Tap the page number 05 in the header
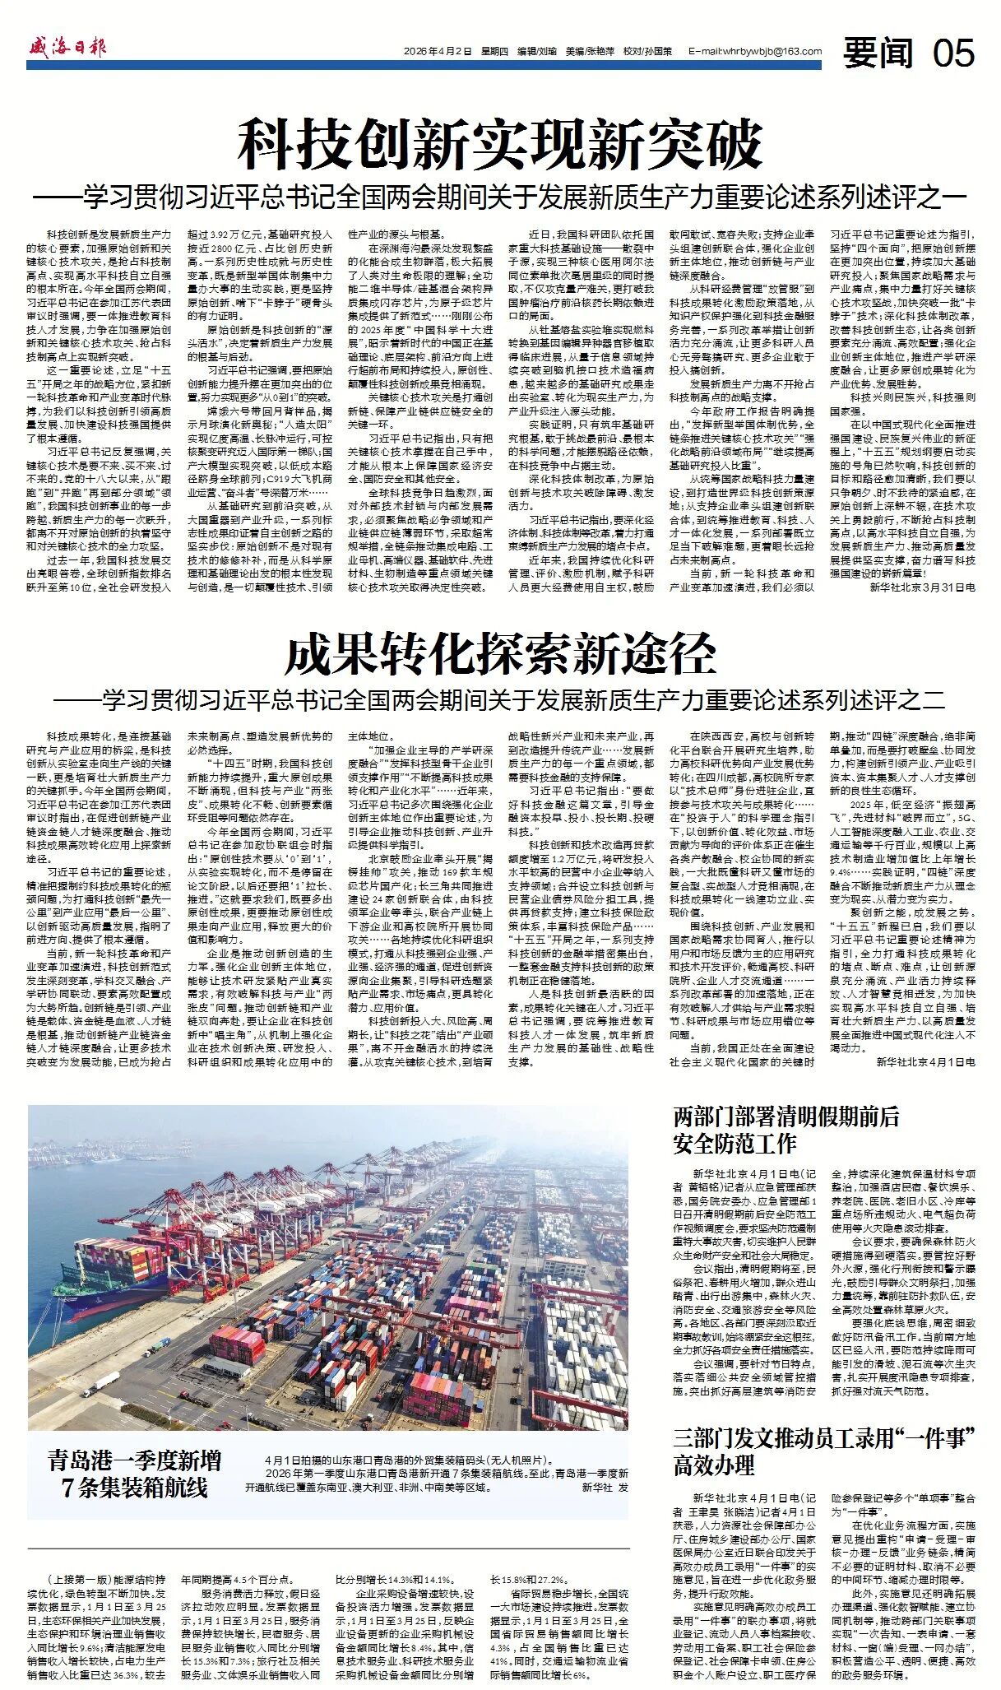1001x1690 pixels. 953,53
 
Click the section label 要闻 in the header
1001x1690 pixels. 878,53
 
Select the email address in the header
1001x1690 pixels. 754,51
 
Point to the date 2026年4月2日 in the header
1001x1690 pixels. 438,51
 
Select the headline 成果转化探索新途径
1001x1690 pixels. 500,656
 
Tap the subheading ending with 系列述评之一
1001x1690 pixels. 500,198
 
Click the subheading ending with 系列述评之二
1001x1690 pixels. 500,699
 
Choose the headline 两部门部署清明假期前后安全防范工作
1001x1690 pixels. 786,1130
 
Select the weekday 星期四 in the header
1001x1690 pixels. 494,51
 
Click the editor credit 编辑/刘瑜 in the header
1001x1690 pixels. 536,51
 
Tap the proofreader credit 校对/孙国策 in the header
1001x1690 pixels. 647,51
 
